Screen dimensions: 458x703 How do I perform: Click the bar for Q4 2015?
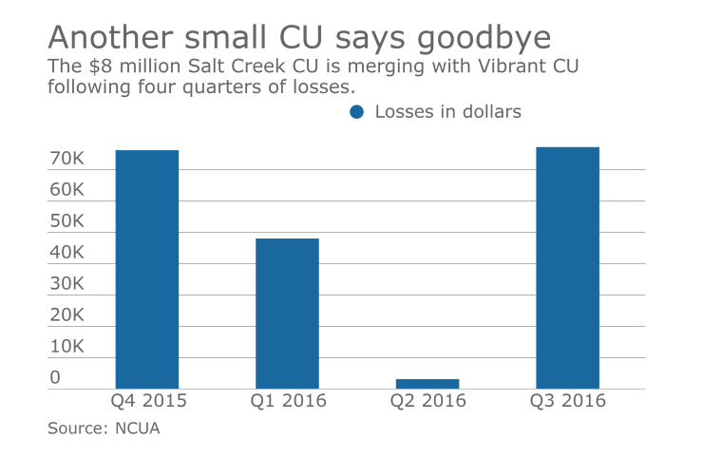[146, 269]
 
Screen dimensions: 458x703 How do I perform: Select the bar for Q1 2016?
[286, 313]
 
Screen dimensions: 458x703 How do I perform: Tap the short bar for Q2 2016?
[427, 383]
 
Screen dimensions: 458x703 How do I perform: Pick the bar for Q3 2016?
[567, 267]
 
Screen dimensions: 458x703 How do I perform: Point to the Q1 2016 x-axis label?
[288, 401]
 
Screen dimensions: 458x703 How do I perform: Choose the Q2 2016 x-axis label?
[427, 401]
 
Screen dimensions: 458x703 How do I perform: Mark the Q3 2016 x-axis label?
[567, 401]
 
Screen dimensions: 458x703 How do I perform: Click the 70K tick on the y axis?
[67, 159]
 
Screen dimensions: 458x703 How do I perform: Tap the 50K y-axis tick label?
[67, 221]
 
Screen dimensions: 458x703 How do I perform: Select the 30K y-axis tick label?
[67, 284]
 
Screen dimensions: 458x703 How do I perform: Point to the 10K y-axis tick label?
[67, 347]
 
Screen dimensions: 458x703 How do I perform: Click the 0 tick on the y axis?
[55, 377]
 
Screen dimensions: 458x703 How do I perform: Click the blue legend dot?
[357, 112]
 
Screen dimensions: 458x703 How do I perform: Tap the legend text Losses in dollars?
[447, 112]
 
